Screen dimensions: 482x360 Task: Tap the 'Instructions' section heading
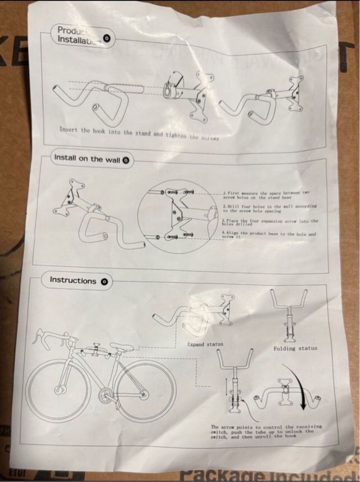[73, 280]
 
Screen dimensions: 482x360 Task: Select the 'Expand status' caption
[205, 344]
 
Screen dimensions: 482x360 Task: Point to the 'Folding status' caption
[295, 348]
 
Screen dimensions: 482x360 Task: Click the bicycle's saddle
[121, 347]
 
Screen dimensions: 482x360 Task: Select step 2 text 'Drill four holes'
[269, 208]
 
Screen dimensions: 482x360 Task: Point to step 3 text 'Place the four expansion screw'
[269, 223]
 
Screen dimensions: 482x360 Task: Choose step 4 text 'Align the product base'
[268, 235]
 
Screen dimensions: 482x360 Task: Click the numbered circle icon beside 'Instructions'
[105, 281]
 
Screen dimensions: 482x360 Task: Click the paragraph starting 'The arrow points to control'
[266, 431]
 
